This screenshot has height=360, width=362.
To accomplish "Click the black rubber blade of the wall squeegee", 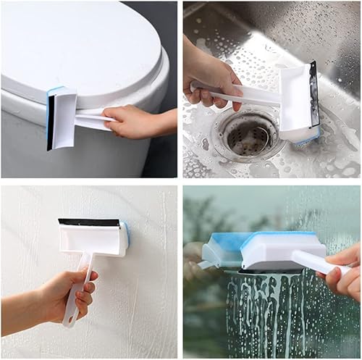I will (90, 222).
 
